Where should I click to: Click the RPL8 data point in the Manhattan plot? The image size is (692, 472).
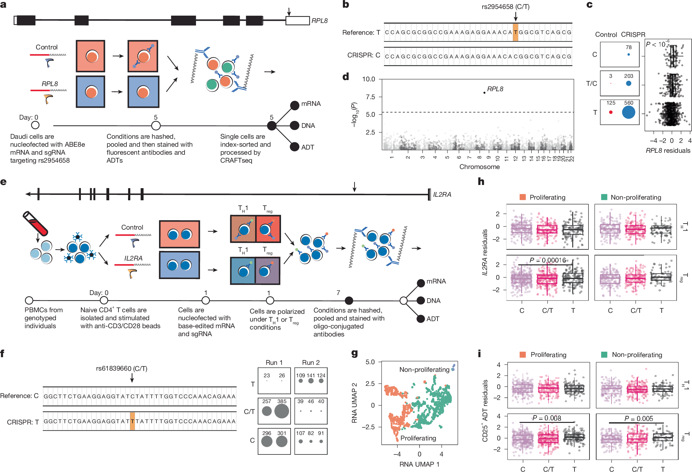[x=484, y=92]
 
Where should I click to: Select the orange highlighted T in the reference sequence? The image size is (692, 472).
[x=515, y=32]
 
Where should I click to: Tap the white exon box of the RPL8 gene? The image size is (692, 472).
[x=297, y=21]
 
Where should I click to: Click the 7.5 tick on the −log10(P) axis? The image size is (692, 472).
[x=370, y=97]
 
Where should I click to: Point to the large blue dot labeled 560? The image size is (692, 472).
[x=628, y=112]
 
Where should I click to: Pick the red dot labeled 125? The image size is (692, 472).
[x=611, y=112]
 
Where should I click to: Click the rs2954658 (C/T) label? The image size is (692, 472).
[x=506, y=7]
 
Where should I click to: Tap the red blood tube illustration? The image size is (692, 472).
[x=35, y=223]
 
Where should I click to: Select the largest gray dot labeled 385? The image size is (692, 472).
[x=281, y=411]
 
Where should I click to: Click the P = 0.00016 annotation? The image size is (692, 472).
[x=547, y=260]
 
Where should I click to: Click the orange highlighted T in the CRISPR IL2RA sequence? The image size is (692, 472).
[x=132, y=421]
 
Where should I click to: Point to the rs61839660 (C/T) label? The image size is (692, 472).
[x=122, y=368]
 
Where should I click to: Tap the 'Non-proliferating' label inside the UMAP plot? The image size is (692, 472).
[x=424, y=370]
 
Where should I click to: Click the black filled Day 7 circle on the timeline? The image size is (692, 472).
[x=349, y=300]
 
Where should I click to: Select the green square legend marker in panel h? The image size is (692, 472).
[x=604, y=197]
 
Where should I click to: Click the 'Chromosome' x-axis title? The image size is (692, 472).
[x=479, y=167]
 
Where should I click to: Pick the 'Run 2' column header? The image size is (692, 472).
[x=311, y=363]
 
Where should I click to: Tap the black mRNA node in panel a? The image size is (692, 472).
[x=294, y=105]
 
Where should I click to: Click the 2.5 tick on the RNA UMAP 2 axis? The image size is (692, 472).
[x=370, y=384]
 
